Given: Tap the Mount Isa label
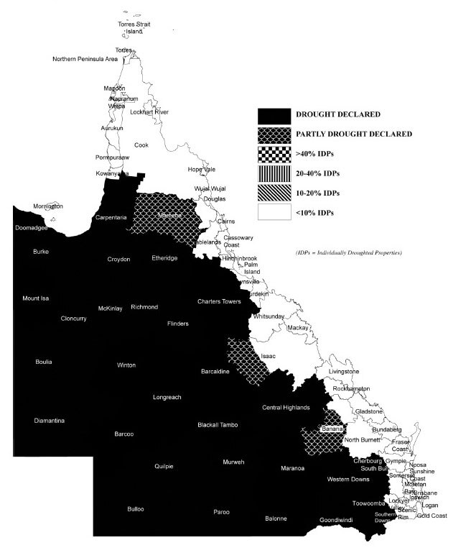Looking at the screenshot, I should coord(36,298).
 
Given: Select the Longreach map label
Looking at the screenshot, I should coord(168,396).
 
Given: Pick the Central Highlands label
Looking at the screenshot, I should coord(286,408).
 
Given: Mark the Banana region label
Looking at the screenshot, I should coord(329,429).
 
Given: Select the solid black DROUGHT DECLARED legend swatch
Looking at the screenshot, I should coord(274,114).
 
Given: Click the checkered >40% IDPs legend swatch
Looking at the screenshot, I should coord(274,154).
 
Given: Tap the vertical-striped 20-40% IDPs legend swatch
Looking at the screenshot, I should coord(274,173).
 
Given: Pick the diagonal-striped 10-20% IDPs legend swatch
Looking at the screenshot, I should coord(274,193).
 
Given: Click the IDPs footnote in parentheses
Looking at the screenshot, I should coord(348,253).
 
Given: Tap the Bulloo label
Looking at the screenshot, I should coord(135,508).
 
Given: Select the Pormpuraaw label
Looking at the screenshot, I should coord(112,157).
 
